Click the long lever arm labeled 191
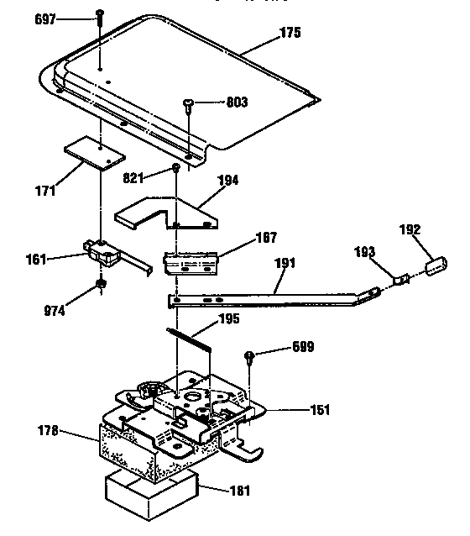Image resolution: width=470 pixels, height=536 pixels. coord(269,293)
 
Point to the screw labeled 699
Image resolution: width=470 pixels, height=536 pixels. coord(250,357)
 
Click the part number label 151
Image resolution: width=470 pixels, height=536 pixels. coord(320,410)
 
